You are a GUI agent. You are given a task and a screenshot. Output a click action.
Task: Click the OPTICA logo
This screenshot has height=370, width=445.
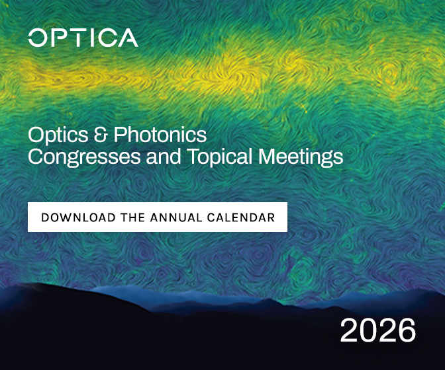83,38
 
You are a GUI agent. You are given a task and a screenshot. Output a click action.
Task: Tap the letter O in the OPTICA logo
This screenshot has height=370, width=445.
38,38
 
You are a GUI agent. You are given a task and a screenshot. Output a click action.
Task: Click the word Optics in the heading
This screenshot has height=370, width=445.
58,135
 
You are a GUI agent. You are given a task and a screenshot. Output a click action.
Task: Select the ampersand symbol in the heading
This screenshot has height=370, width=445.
101,134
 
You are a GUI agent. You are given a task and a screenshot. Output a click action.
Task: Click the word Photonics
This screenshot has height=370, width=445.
160,134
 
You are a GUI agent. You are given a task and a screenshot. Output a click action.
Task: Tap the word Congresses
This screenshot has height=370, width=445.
84,157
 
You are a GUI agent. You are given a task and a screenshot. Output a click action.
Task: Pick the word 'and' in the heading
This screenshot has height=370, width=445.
164,156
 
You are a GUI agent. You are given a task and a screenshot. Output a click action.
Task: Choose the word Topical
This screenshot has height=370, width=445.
220,157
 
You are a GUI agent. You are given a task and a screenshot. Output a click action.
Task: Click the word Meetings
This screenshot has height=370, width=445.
301,157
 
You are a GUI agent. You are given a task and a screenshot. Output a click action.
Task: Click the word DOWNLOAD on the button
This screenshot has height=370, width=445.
78,217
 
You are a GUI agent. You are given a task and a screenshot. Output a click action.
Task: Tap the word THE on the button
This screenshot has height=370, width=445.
133,217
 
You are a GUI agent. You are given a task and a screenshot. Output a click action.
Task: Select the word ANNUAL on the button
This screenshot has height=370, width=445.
176,217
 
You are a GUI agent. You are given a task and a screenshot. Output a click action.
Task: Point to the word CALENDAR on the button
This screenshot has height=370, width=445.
241,217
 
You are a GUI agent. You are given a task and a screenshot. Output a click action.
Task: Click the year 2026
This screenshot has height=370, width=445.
377,330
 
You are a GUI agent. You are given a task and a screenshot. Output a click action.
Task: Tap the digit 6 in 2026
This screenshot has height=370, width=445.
407,330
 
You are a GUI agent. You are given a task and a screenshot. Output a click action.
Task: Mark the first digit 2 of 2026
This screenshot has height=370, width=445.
349,330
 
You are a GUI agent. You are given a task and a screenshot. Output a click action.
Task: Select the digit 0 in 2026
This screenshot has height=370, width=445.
368,330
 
